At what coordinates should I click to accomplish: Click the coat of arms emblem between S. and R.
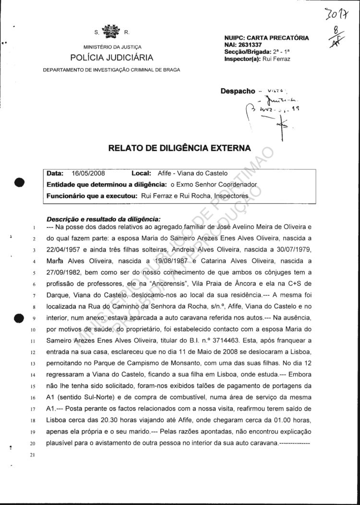click(x=112, y=32)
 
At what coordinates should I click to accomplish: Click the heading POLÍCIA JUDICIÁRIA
click(x=112, y=58)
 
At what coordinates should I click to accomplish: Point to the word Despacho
click(x=238, y=91)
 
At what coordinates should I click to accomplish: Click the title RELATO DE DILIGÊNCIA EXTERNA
click(x=180, y=148)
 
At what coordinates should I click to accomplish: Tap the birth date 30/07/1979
click(x=292, y=249)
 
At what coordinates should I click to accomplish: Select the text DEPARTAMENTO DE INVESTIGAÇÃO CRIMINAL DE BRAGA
click(x=111, y=70)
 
